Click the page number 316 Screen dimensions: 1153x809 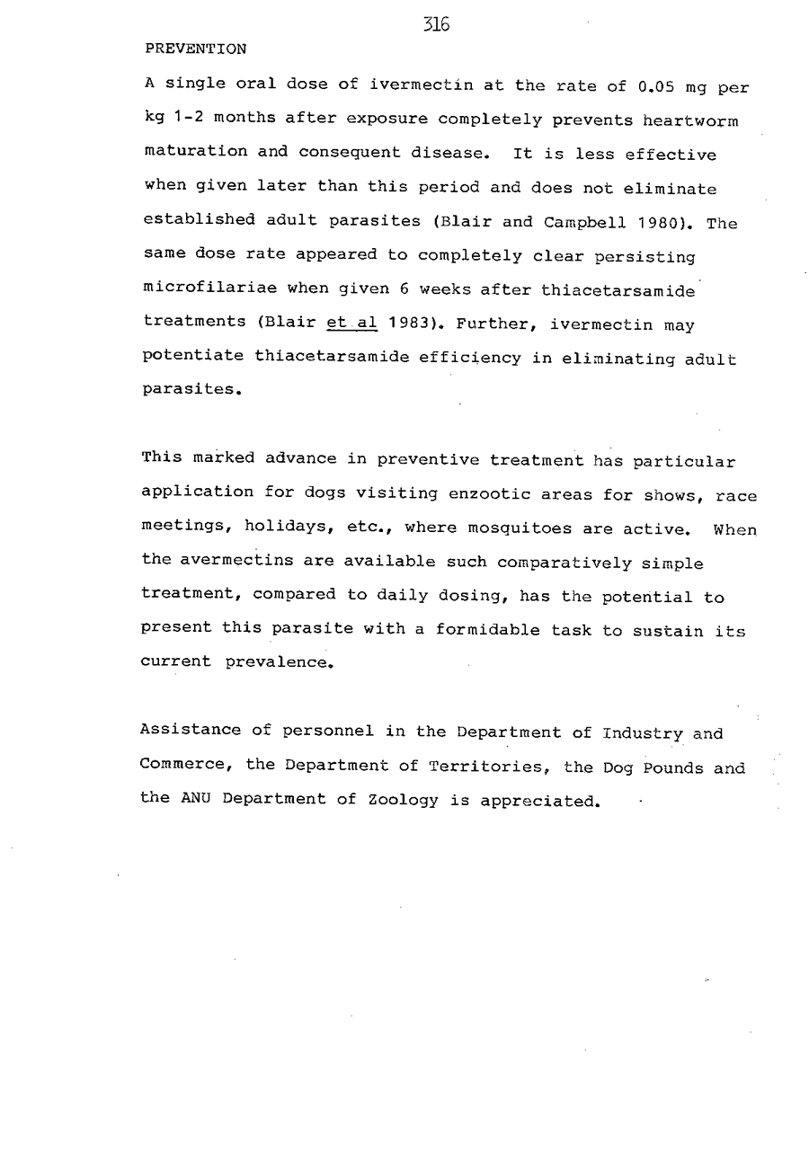pyautogui.click(x=436, y=25)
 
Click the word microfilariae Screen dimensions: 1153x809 pyautogui.click(x=200, y=289)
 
